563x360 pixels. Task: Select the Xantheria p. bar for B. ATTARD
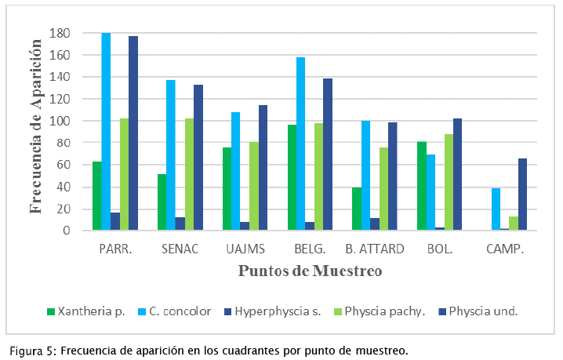pos(357,209)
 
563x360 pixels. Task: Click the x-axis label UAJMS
pos(245,249)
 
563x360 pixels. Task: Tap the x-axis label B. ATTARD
pos(375,249)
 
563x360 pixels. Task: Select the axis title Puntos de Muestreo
pos(310,272)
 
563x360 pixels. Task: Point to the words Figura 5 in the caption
pos(32,350)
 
